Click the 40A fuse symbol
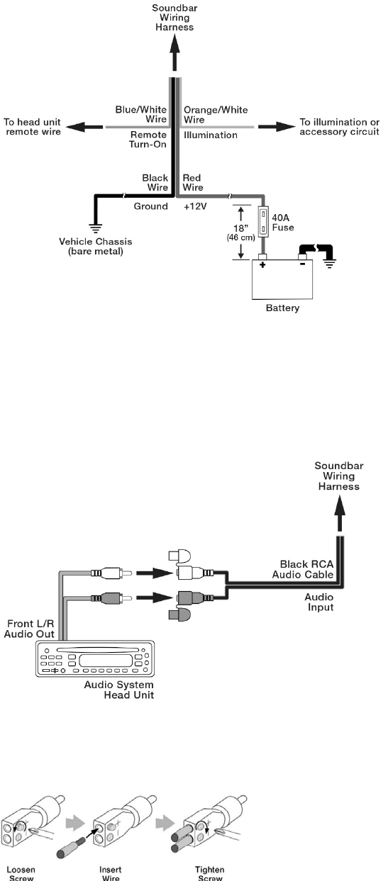tap(263, 223)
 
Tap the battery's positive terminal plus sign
tap(262, 264)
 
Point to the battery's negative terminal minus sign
tap(302, 264)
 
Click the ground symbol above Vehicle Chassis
tap(95, 228)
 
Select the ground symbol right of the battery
tap(329, 263)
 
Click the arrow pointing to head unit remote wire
tap(84, 127)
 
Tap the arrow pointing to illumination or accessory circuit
tap(277, 127)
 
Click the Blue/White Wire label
tap(141, 114)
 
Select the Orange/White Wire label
tap(216, 115)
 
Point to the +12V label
tap(195, 206)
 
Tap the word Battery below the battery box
tap(282, 308)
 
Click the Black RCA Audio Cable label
tap(303, 570)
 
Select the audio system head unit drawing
tap(95, 658)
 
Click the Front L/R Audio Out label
tap(29, 629)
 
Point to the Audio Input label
tap(318, 602)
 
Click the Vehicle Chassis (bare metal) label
tap(96, 247)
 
